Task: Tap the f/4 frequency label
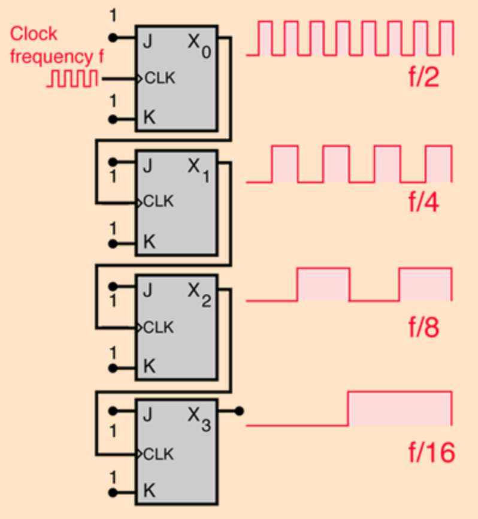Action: point(424,203)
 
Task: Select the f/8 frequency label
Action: point(424,327)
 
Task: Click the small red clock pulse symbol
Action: point(72,79)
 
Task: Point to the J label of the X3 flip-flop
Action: point(147,411)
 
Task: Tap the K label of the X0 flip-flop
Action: point(149,117)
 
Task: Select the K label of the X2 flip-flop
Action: point(149,366)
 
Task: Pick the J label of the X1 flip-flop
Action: point(147,163)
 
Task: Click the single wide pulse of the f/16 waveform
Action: point(400,408)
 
